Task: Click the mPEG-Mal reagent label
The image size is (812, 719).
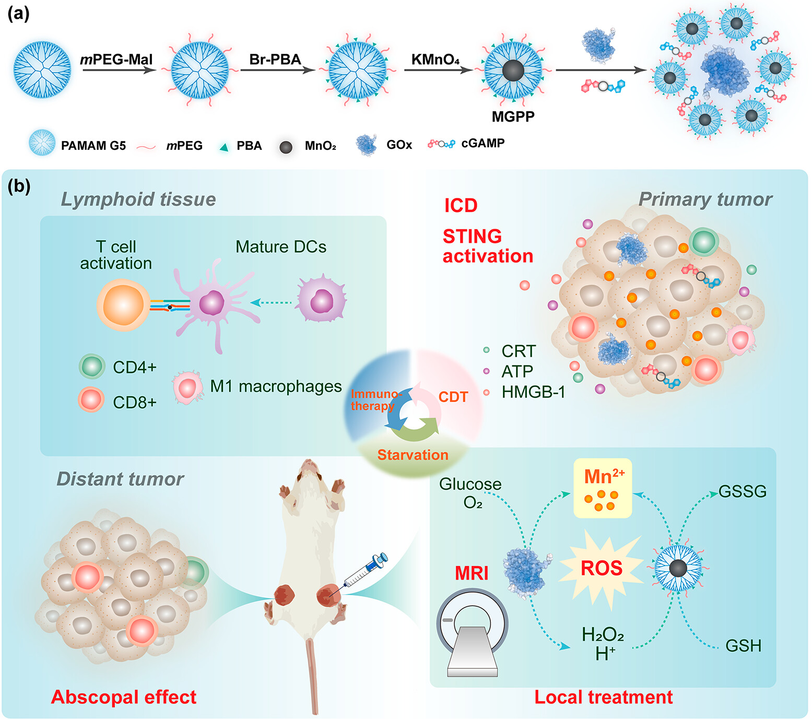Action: pyautogui.click(x=116, y=60)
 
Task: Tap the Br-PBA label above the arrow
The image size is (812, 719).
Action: pyautogui.click(x=275, y=60)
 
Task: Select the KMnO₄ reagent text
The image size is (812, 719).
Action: pyautogui.click(x=436, y=60)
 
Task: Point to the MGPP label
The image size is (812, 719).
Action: pyautogui.click(x=513, y=116)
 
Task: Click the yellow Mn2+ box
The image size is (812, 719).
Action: pyautogui.click(x=603, y=488)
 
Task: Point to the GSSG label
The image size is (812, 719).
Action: pyautogui.click(x=742, y=491)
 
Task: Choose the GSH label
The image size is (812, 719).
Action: pyautogui.click(x=743, y=646)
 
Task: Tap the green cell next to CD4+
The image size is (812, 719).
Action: pyautogui.click(x=92, y=367)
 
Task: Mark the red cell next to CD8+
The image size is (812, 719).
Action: pyautogui.click(x=91, y=400)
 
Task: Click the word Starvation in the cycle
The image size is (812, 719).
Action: pyautogui.click(x=413, y=455)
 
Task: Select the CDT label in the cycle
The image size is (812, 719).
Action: pyautogui.click(x=453, y=397)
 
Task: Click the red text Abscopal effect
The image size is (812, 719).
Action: pyautogui.click(x=124, y=697)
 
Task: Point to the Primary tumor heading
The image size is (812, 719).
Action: pyautogui.click(x=705, y=199)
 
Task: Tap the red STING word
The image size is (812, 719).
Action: pyautogui.click(x=472, y=237)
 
